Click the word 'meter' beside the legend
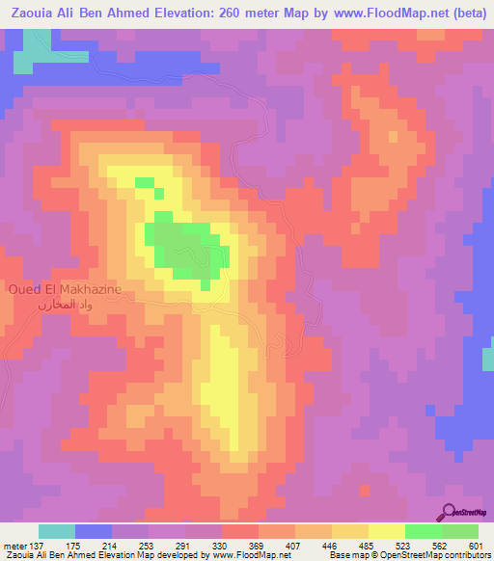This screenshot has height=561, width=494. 16,545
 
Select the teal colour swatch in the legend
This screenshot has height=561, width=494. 57,531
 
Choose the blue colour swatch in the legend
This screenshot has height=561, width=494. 94,531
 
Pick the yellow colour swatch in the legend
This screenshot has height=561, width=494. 386,531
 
